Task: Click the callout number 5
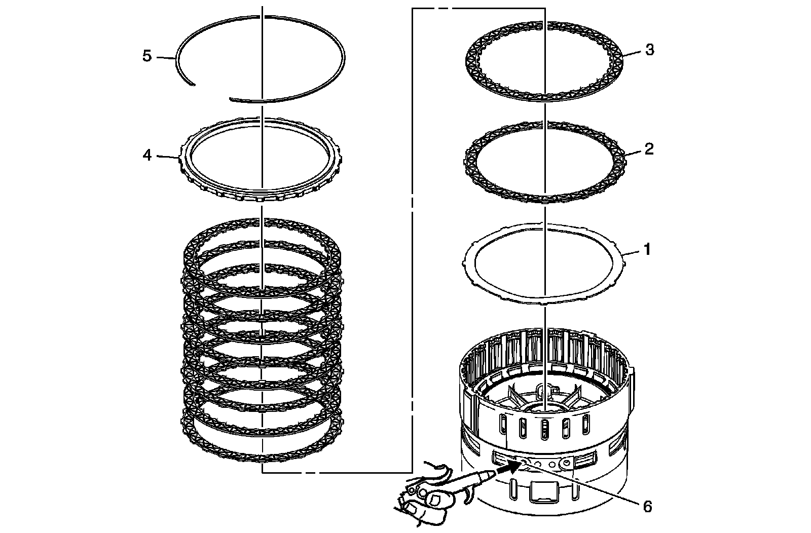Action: (147, 56)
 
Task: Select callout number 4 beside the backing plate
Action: (147, 155)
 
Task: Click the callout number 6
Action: (647, 506)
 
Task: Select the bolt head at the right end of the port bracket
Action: (565, 462)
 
